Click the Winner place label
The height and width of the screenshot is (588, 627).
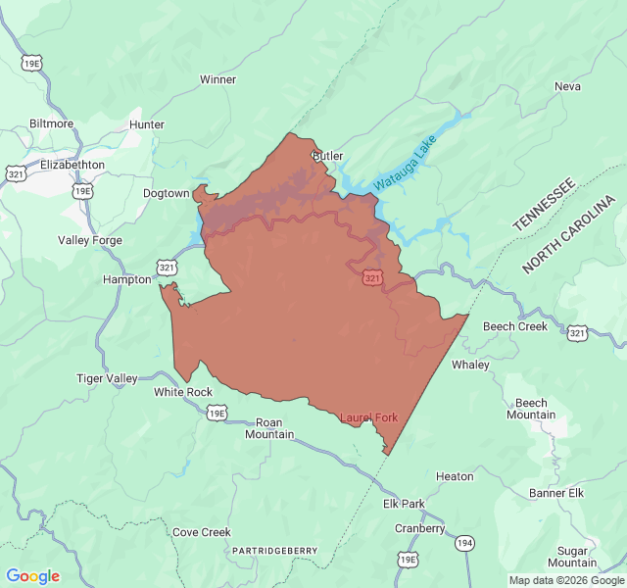click(217, 79)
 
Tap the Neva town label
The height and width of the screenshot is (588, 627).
click(567, 86)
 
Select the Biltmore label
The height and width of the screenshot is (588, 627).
click(51, 123)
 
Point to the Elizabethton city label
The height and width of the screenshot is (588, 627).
click(72, 165)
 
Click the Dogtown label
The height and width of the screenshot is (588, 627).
click(166, 193)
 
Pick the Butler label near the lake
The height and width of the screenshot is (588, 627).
click(327, 156)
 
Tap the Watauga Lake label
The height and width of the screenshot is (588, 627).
click(404, 164)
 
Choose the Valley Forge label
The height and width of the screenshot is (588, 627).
click(90, 240)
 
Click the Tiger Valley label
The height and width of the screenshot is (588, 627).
click(107, 378)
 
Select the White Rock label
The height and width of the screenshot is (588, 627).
click(182, 392)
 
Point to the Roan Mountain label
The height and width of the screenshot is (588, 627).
click(268, 428)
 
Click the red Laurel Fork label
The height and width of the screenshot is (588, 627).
click(368, 417)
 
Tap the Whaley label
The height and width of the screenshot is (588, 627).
click(469, 365)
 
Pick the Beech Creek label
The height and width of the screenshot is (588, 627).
click(514, 326)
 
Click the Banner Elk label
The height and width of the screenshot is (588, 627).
click(555, 492)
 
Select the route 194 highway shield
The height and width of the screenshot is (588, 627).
click(464, 542)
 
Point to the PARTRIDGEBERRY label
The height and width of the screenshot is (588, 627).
click(274, 551)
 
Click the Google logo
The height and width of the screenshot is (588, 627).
click(32, 576)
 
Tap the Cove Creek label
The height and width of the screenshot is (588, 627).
click(201, 532)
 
